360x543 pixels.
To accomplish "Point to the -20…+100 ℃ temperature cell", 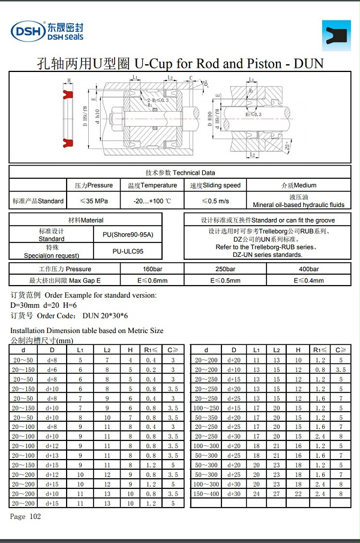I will click(152, 201).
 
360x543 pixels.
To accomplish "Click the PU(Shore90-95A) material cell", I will click(133, 235).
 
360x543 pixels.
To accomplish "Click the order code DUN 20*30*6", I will click(106, 315).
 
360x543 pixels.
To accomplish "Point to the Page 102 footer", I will click(25, 517).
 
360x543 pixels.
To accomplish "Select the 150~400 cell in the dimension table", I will click(206, 493).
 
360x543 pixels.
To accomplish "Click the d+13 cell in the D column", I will click(52, 455).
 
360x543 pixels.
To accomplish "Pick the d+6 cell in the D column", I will click(52, 370).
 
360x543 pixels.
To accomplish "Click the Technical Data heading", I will click(180, 172).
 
